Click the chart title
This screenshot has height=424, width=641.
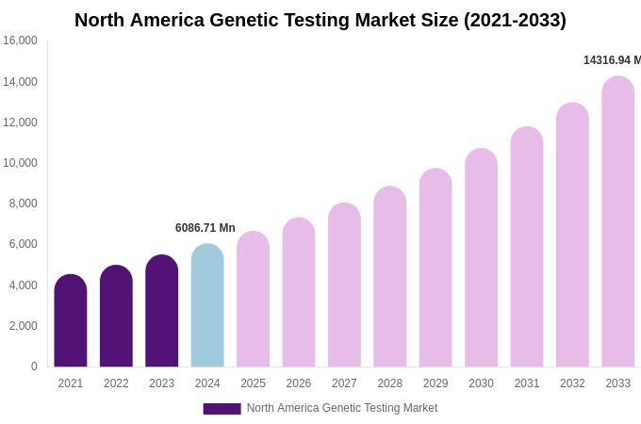[320, 20]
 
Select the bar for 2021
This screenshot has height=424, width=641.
[71, 321]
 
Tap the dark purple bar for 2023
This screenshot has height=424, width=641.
[162, 311]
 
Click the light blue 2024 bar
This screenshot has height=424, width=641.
[207, 306]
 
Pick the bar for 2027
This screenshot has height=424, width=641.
[344, 285]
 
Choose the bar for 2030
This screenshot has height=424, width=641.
[481, 258]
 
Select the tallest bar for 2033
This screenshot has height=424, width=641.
[618, 222]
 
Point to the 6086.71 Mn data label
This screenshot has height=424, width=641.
[205, 228]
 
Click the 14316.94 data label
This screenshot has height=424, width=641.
[611, 60]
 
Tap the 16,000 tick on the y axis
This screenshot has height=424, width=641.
[20, 41]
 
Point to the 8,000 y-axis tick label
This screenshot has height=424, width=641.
[23, 204]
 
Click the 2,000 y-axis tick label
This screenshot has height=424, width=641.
[23, 326]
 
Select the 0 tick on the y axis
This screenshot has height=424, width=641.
[34, 367]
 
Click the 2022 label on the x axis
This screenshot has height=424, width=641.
[116, 383]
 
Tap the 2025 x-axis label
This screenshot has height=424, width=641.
[253, 383]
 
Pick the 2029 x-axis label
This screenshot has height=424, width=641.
[436, 383]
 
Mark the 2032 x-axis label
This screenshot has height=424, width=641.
[572, 383]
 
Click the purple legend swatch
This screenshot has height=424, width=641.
[222, 409]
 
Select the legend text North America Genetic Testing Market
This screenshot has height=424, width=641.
[342, 408]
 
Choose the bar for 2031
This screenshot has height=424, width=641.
[527, 248]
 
